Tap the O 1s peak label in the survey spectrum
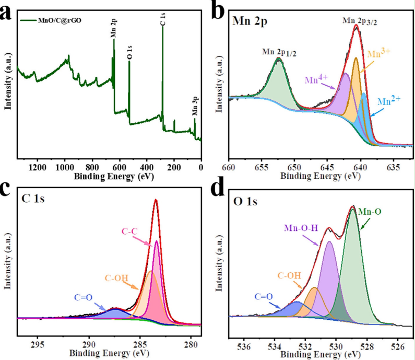129,51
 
